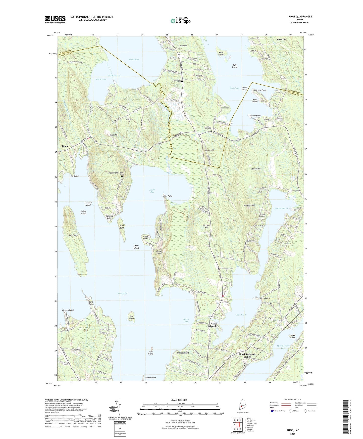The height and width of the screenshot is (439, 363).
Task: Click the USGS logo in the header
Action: point(55,19)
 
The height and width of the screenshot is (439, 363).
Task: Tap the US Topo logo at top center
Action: point(180,21)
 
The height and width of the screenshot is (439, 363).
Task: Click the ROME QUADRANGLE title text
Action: point(300,17)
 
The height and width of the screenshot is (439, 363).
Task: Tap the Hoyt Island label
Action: point(73,235)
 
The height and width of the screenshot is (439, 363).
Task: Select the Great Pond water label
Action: point(122,293)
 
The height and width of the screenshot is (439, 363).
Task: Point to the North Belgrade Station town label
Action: point(247,355)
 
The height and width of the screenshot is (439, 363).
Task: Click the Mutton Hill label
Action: point(256,169)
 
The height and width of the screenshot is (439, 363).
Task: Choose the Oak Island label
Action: point(131,317)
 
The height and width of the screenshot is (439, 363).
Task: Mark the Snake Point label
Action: point(167,196)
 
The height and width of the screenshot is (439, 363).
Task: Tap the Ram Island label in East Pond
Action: point(234,66)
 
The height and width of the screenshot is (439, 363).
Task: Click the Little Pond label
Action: point(101,79)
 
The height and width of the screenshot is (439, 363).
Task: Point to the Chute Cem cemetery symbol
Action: point(122,176)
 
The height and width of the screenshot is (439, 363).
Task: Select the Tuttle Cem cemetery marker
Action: point(129,122)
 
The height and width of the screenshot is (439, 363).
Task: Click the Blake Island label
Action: point(293,336)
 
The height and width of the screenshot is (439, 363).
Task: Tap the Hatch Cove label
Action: point(186,320)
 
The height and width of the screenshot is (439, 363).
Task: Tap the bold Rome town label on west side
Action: point(65,146)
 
